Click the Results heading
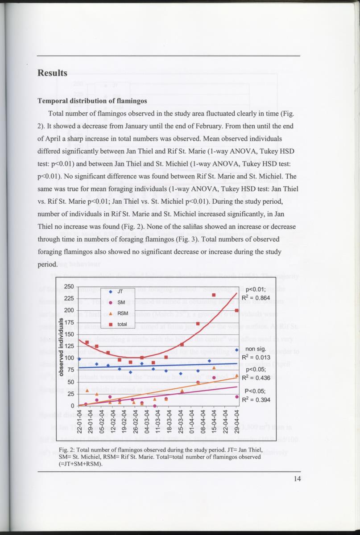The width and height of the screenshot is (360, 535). click(52, 73)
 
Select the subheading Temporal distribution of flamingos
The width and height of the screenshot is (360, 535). click(92, 101)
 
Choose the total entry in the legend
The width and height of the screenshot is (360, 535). click(121, 324)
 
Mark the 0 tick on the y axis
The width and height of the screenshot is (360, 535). click(71, 406)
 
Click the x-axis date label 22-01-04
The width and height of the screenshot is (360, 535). click(79, 421)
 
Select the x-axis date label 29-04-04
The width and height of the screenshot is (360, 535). click(237, 421)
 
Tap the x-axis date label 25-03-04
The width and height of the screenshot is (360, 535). click(181, 421)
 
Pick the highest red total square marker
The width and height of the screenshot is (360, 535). click(214, 295)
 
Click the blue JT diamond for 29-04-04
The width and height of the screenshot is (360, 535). click(237, 350)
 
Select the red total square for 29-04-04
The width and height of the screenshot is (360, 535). click(237, 311)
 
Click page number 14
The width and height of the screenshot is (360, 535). click(298, 479)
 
